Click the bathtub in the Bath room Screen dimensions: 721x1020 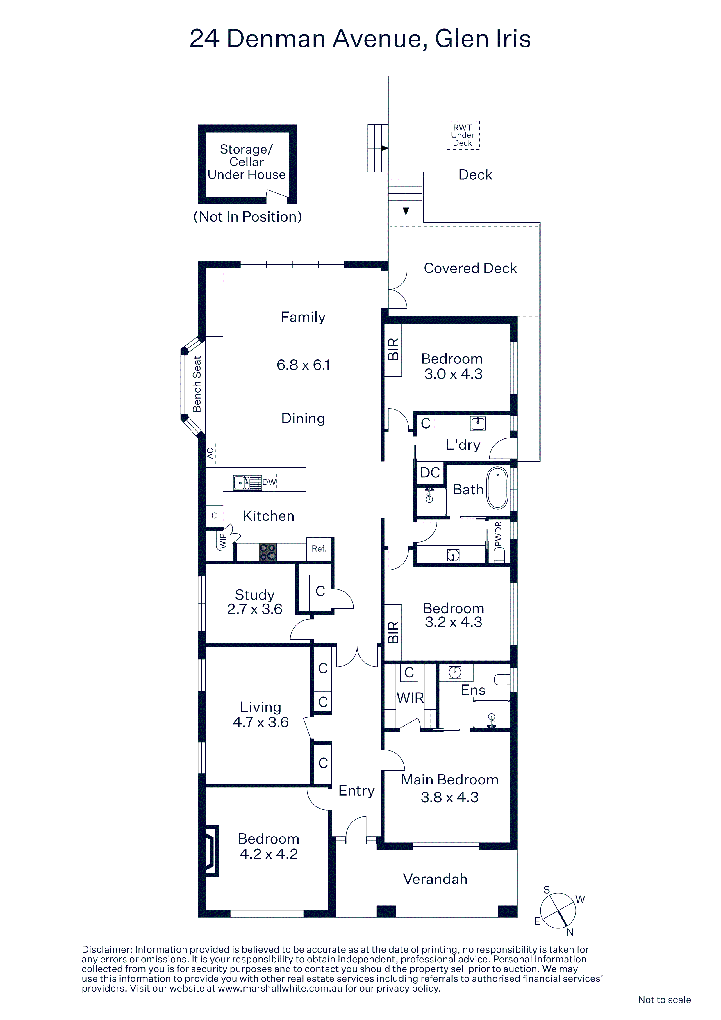(x=497, y=488)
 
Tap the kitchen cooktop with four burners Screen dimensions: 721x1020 (x=268, y=552)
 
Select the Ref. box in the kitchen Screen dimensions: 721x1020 (x=319, y=549)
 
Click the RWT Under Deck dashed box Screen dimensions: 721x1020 (x=463, y=135)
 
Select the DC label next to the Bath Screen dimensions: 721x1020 (x=430, y=473)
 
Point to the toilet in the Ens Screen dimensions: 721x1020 (x=502, y=680)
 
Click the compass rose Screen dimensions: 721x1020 (x=558, y=911)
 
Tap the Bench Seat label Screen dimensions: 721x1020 (x=197, y=384)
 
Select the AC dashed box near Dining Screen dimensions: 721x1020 (x=210, y=454)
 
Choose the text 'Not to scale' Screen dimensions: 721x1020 (x=664, y=1000)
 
